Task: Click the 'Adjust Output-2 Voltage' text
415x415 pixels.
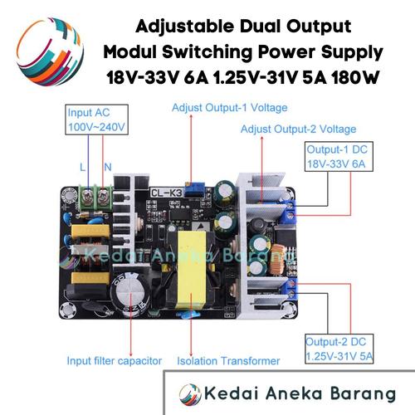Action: coord(298,129)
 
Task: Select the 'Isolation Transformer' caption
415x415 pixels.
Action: coord(228,361)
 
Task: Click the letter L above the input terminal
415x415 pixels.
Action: coord(82,167)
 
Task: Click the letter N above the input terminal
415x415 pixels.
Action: coord(107,167)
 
